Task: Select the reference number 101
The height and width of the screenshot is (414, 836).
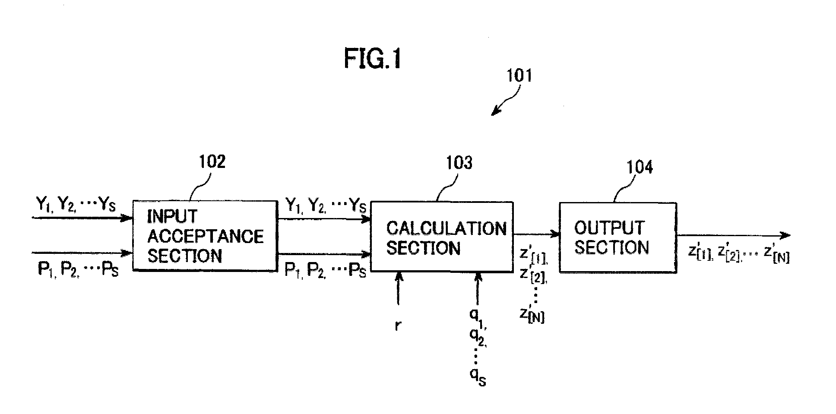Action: tap(519, 75)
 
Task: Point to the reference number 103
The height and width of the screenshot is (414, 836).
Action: tap(459, 163)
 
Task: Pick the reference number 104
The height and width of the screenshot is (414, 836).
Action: tap(640, 167)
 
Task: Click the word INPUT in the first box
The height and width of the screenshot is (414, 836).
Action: tap(172, 216)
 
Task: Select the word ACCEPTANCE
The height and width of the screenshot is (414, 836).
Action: tap(206, 236)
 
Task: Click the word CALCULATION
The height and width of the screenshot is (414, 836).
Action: tap(446, 228)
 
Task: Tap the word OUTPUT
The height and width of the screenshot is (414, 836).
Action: tap(609, 228)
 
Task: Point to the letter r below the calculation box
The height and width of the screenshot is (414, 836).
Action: tap(398, 326)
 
